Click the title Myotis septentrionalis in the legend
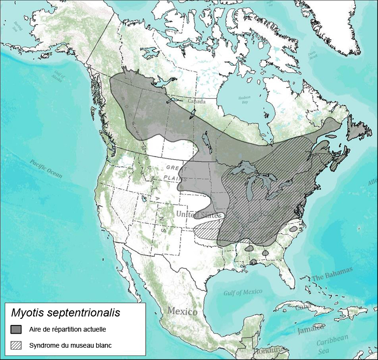tap(65, 313)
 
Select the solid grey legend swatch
tap(17, 329)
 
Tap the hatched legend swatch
tap(17, 345)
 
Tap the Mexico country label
tap(183, 312)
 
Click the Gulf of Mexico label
tap(243, 292)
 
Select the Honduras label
tap(271, 352)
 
